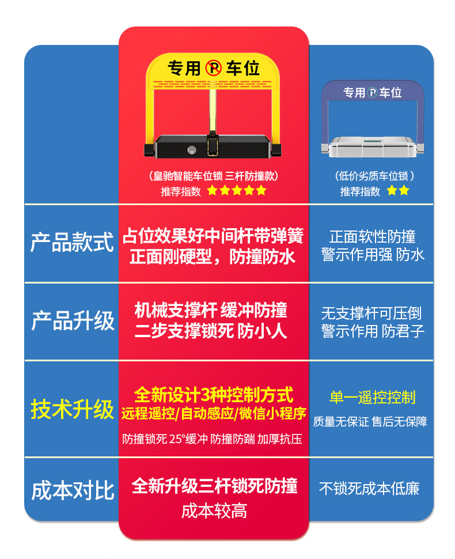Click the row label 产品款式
coord(72,243)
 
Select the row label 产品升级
coord(73,321)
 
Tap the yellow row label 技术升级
coord(72,410)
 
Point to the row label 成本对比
coord(73,490)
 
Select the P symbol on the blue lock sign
coord(373,93)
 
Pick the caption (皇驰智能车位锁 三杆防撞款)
coord(214,176)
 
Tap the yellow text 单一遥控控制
coord(372,397)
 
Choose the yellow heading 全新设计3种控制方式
coord(214,395)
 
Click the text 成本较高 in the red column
coord(214,511)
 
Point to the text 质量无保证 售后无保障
coord(370,422)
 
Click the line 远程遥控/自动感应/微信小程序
coord(214,413)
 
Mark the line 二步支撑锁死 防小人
coord(211,330)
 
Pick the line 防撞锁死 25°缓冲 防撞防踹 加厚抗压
coord(212,439)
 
